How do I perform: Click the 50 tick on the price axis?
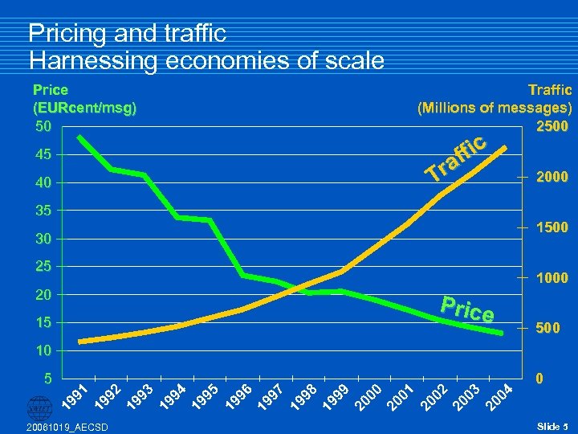coord(41,127)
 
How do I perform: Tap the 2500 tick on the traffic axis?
coord(552,126)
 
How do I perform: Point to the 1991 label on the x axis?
coord(75,395)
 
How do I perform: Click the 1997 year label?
coord(271,395)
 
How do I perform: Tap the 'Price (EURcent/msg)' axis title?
coord(83,98)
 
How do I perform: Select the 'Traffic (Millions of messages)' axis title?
coord(494,98)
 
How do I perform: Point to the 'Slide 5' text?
coord(552,425)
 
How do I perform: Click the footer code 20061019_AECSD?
coord(61,426)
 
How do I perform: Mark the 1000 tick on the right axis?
coord(552,278)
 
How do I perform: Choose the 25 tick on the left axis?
coord(41,267)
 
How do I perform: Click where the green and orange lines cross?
coord(299,289)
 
